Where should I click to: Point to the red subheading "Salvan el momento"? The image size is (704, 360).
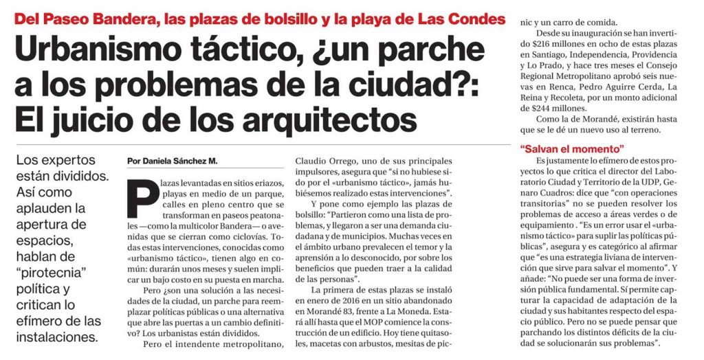click(x=572, y=148)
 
